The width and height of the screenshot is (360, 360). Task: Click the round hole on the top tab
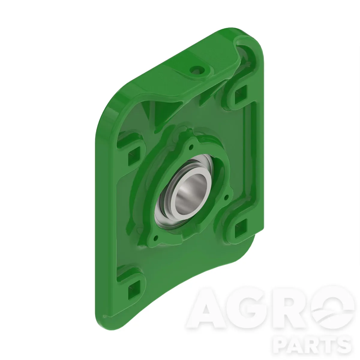click(196, 70)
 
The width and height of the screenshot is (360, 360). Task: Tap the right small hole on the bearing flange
click(227, 197)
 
